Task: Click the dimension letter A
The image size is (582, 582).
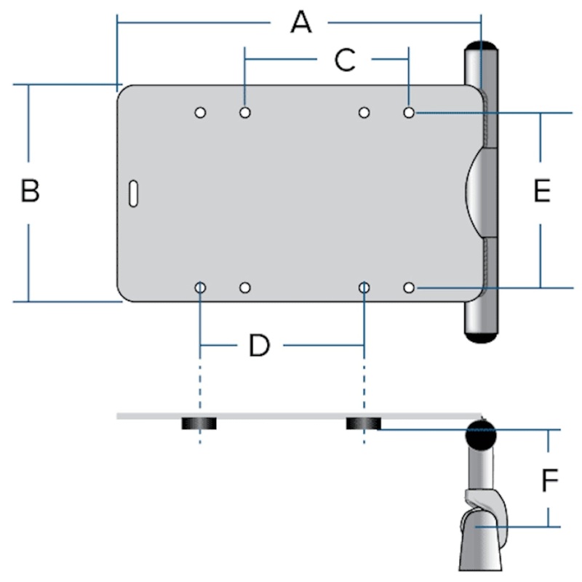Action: (x=300, y=23)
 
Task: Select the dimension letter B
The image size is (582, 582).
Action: (x=30, y=191)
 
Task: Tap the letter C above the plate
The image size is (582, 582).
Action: (x=344, y=61)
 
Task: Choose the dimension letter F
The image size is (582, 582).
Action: (x=550, y=480)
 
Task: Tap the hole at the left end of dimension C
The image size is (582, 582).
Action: (x=245, y=113)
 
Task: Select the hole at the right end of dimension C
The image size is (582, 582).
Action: (x=410, y=113)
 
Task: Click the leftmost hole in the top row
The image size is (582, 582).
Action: (x=200, y=113)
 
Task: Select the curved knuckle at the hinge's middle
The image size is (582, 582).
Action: (x=474, y=192)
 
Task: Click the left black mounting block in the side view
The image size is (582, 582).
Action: (x=200, y=424)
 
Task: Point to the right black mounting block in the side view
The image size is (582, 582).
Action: (x=363, y=424)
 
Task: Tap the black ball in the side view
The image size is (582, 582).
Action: (x=480, y=434)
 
